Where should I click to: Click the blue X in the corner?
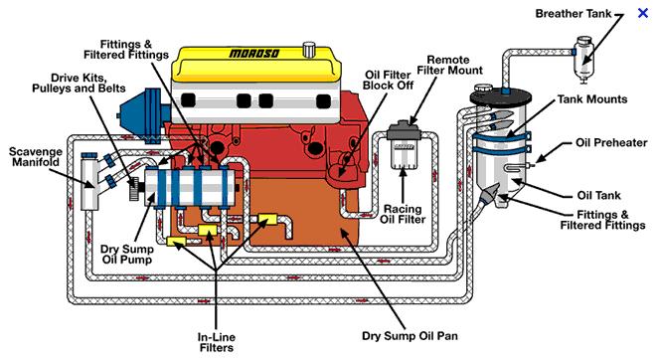coord(643,13)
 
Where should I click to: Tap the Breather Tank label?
coord(574,13)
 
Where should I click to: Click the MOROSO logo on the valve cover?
coord(254,54)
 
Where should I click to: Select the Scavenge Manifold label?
coord(36,157)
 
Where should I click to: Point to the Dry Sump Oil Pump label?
coord(127,254)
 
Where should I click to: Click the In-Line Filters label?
coord(217,342)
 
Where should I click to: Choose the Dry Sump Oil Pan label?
coord(410,336)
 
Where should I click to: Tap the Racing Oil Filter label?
coord(403,214)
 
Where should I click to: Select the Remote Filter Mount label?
coord(449,65)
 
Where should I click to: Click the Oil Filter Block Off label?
coord(388,80)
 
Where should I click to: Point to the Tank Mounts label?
coord(592,99)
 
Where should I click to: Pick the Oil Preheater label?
coord(611,142)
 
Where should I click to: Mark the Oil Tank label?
coord(598,195)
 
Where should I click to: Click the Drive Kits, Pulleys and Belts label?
coord(79,83)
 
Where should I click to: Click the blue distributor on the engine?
coord(141,115)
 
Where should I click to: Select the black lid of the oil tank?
coord(500,97)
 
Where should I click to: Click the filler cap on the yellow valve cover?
coord(309,49)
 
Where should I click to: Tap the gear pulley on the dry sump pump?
coord(134,189)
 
